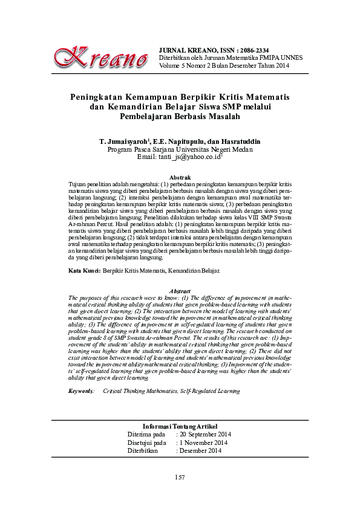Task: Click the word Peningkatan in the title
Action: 99,97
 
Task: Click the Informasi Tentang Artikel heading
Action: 180,427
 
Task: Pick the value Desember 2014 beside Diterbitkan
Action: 200,451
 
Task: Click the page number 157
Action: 179,478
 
